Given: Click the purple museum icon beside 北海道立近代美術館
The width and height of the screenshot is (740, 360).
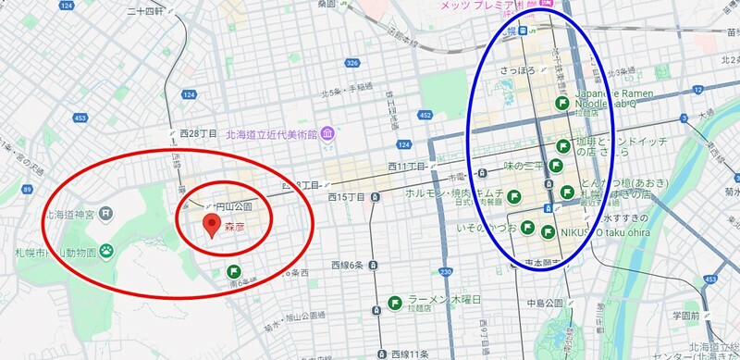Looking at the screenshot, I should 328,131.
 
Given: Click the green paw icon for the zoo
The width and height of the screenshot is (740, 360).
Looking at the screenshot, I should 107,248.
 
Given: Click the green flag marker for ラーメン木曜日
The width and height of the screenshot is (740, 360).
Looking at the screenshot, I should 395,302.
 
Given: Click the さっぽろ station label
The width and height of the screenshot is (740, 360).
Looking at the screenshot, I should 519,70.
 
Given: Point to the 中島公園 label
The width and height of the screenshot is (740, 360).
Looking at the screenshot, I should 545,302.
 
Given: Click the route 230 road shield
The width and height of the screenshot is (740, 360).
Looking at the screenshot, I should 446,272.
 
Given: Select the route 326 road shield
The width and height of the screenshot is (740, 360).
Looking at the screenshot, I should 351,63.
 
